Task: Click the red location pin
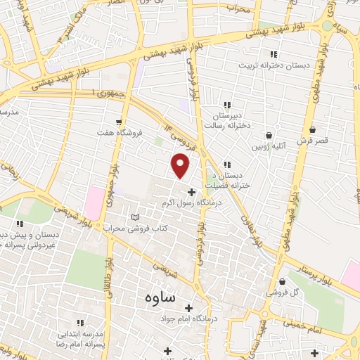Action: point(181,165)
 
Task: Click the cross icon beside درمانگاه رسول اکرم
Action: point(192,192)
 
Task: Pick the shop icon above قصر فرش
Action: point(312,130)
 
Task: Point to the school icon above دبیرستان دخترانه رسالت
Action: point(226,105)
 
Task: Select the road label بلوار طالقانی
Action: point(110,278)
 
